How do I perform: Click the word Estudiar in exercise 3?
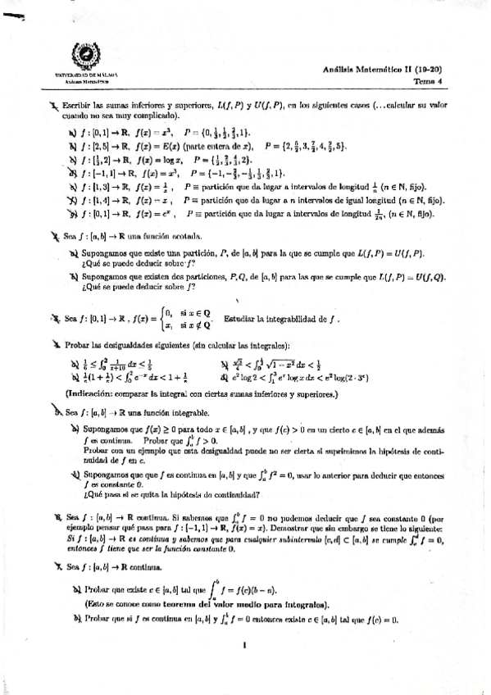click(x=267, y=319)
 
